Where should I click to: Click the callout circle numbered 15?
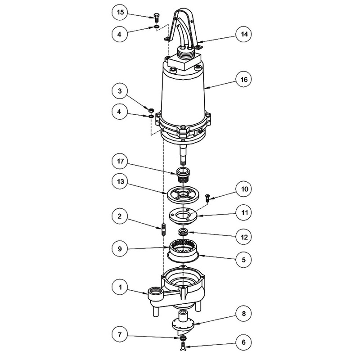(x=120, y=13)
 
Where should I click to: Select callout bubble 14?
(x=244, y=35)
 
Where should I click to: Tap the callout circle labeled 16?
(x=244, y=80)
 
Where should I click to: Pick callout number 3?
(x=120, y=91)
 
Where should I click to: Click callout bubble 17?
(x=120, y=162)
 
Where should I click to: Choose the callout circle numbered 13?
(x=120, y=182)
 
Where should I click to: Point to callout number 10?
(x=244, y=189)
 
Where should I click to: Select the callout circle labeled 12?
(x=244, y=237)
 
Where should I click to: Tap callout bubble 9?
(x=120, y=249)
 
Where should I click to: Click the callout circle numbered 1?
(x=120, y=288)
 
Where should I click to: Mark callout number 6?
(x=244, y=342)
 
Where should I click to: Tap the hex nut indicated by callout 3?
(x=151, y=110)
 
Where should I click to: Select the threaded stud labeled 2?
(x=163, y=229)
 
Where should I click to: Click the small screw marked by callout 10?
(x=207, y=198)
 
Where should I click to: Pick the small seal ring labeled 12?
(x=184, y=232)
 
